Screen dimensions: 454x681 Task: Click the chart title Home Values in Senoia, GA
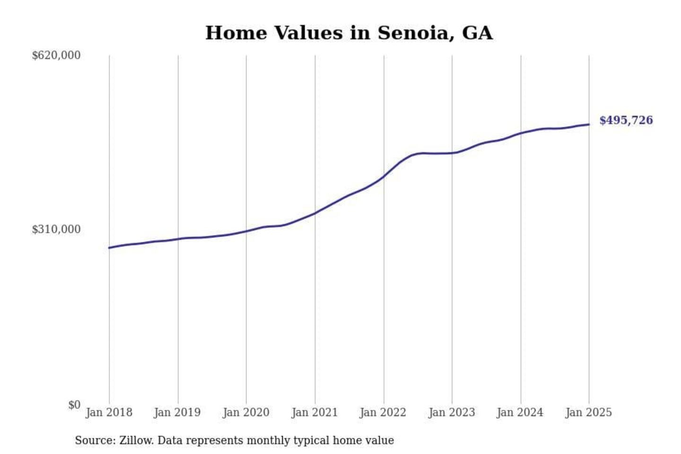click(x=349, y=33)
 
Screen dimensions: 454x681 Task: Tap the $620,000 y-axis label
click(x=56, y=55)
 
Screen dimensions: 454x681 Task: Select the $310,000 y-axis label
click(x=56, y=229)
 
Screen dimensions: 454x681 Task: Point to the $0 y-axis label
click(x=74, y=405)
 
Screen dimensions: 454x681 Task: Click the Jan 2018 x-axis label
click(x=109, y=412)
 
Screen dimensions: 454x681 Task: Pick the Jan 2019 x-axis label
click(x=177, y=412)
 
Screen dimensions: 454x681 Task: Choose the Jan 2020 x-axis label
click(x=246, y=412)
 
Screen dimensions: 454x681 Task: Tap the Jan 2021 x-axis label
click(x=314, y=412)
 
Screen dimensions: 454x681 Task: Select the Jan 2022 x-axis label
click(x=383, y=412)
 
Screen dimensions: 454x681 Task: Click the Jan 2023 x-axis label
click(x=452, y=412)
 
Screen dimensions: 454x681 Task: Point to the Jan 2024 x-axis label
click(x=520, y=412)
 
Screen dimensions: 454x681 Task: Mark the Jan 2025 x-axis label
click(x=589, y=412)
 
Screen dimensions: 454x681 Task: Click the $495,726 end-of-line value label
click(x=626, y=120)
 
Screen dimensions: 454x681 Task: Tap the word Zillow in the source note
click(x=136, y=440)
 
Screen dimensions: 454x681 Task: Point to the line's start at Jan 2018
click(x=109, y=248)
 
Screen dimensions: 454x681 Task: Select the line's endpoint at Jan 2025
click(x=589, y=124)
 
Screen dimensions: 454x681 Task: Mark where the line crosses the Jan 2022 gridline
click(x=384, y=176)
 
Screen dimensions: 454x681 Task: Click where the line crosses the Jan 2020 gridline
click(x=246, y=231)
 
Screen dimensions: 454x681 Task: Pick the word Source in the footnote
click(x=94, y=440)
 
